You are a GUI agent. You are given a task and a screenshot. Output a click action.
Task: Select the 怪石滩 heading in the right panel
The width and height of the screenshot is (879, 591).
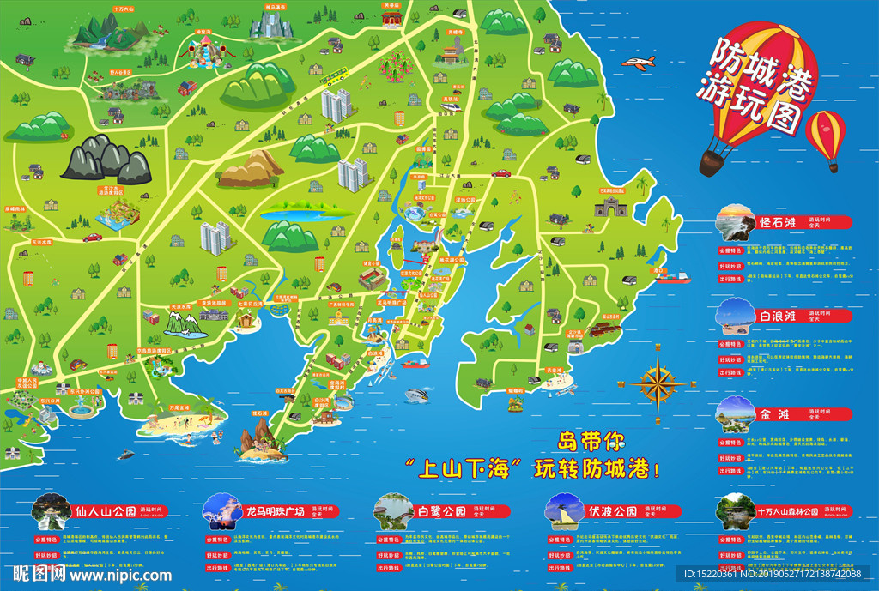[x=779, y=221]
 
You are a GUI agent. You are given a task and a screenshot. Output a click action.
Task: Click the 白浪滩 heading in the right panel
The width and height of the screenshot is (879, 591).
[x=779, y=316]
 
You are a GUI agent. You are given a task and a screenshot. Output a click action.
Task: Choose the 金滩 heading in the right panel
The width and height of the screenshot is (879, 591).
[x=773, y=413]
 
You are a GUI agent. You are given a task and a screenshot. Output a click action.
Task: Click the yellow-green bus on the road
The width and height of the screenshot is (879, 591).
[x=331, y=80]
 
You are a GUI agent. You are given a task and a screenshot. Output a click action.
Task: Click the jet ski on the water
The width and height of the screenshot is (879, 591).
[x=126, y=455]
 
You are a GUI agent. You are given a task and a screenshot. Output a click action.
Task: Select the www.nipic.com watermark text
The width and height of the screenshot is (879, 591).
[x=120, y=576]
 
